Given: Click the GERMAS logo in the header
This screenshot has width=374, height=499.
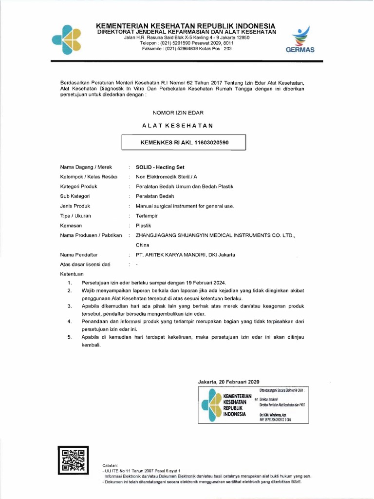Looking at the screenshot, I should coord(300,39).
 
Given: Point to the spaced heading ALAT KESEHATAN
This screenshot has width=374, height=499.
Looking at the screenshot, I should coord(178,126).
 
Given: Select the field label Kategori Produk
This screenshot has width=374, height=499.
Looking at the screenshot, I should coord(79,186).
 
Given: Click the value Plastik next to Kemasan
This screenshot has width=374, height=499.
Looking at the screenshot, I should coord(144,225).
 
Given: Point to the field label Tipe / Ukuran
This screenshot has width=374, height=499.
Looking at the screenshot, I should coord(75,215).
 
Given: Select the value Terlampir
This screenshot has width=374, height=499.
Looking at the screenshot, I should coord(147,215).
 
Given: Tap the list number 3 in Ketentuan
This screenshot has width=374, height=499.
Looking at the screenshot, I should coord(70,306).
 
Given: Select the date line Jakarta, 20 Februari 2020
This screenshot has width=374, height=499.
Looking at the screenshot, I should coord(229,381).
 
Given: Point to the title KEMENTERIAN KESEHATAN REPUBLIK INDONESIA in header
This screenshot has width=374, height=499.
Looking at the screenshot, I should coord(186,25).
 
